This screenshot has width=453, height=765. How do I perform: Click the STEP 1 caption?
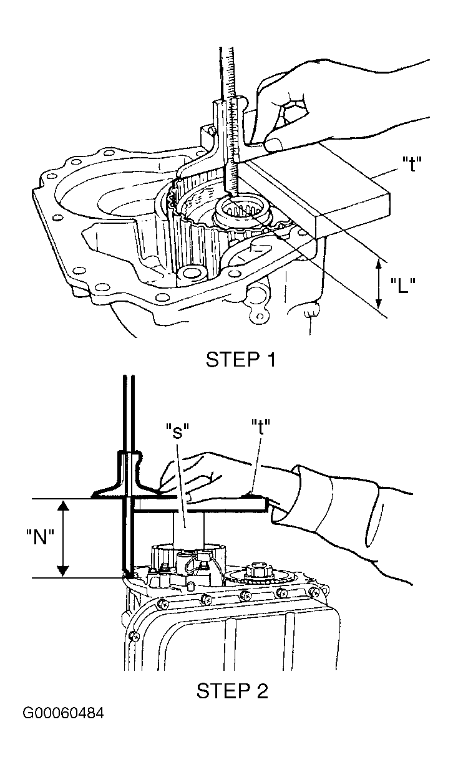click(x=240, y=360)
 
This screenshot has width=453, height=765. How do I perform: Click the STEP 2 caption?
click(x=232, y=690)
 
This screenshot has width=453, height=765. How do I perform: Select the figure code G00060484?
click(x=63, y=713)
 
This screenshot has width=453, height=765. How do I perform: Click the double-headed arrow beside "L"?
click(x=379, y=284)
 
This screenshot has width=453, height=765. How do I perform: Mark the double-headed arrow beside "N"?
click(x=62, y=537)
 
